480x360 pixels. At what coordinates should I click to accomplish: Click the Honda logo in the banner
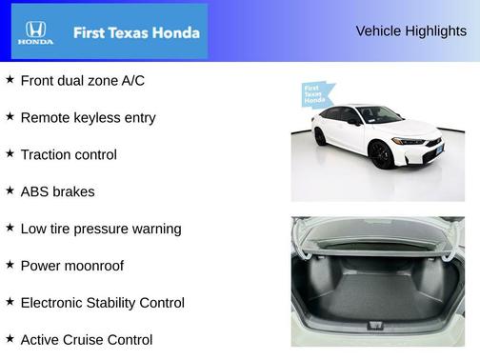(35, 32)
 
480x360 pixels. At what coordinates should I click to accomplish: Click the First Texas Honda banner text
(136, 32)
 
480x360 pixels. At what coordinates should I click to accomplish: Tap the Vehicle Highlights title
(410, 30)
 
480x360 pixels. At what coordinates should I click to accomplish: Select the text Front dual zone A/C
(82, 81)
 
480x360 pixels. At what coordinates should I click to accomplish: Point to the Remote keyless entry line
(88, 118)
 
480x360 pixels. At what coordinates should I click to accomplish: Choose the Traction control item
(69, 154)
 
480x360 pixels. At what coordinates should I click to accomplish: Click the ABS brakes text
(57, 191)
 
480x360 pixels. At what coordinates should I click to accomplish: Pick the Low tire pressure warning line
(100, 229)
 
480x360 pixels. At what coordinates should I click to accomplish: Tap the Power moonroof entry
(71, 266)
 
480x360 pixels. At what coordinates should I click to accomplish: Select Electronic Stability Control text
(102, 303)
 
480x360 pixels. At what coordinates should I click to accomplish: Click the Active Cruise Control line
(86, 339)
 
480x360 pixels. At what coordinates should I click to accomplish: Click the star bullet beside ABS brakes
(10, 190)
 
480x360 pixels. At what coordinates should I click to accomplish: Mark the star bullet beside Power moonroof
(10, 265)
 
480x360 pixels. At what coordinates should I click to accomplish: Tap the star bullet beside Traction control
(10, 153)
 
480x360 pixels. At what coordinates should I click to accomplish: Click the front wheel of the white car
(383, 153)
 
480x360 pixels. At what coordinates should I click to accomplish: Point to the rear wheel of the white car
(321, 136)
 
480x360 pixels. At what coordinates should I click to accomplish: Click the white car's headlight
(410, 141)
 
